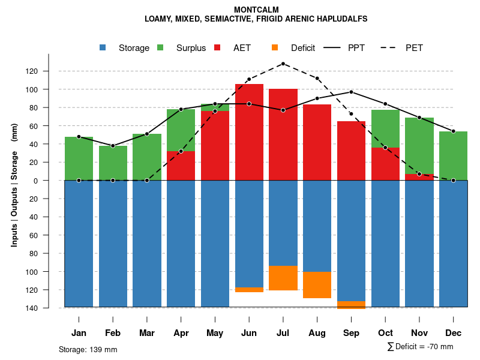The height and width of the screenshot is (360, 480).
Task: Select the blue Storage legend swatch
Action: (x=103, y=48)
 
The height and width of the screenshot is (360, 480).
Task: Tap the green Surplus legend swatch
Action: (x=161, y=48)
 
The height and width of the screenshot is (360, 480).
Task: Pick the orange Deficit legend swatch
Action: (x=275, y=48)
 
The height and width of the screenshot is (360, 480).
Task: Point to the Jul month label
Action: (x=283, y=333)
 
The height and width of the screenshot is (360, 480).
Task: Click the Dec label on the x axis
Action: (x=454, y=333)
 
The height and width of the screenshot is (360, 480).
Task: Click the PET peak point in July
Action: (x=283, y=64)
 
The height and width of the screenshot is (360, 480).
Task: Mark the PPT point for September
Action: (x=351, y=92)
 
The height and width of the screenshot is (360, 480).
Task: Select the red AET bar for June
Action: (x=249, y=132)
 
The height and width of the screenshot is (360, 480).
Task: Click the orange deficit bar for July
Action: (x=283, y=278)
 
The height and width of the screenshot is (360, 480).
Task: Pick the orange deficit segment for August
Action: (x=317, y=285)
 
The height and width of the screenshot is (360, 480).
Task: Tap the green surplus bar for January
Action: (x=79, y=158)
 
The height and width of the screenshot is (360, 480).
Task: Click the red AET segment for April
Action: (x=181, y=166)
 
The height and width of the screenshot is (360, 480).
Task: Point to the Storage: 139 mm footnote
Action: (x=88, y=349)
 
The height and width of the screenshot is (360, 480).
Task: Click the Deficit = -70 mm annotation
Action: (x=420, y=347)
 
